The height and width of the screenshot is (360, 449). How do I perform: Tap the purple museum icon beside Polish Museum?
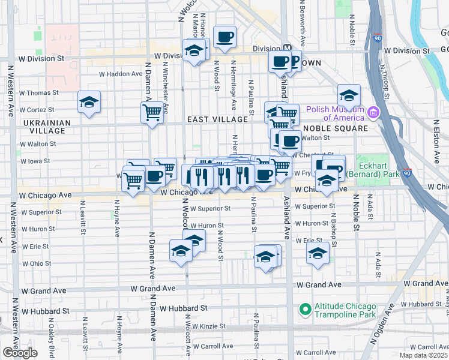373,113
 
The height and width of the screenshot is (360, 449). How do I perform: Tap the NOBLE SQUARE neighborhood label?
335,128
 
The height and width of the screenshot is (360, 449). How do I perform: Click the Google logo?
20,352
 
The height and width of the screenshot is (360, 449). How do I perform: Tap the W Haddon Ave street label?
121,74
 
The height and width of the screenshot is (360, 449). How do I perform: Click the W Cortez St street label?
37,110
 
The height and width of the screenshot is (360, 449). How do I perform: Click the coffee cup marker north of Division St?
224,37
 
